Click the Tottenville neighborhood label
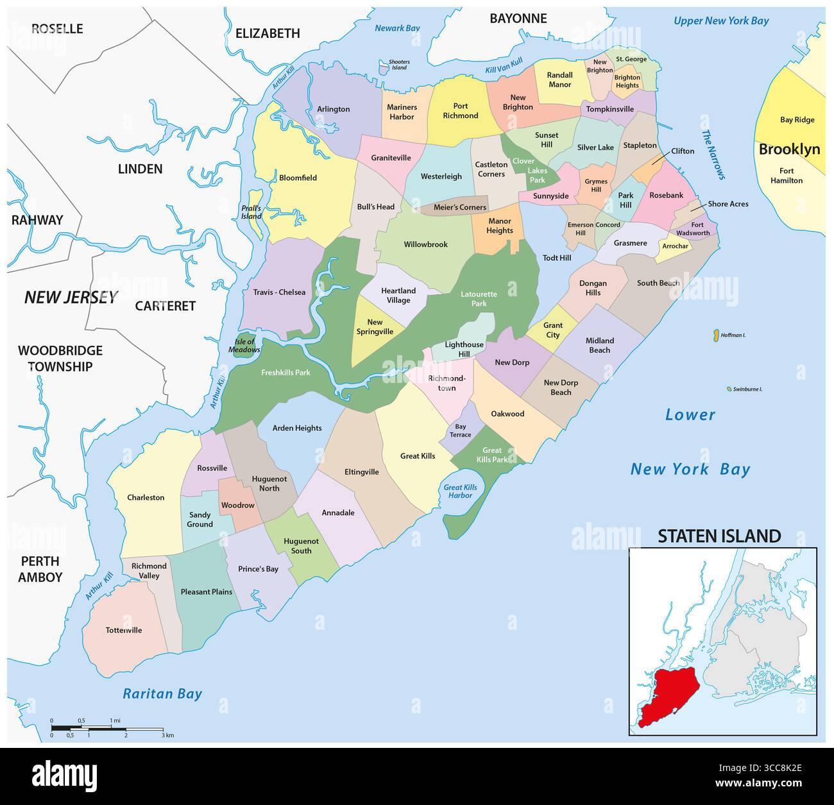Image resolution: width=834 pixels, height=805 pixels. tap(124, 630)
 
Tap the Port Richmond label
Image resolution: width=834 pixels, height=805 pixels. tap(461, 111)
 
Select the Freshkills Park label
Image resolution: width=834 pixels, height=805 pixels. tap(285, 372)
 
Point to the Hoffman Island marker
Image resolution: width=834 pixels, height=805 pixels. tap(714, 335)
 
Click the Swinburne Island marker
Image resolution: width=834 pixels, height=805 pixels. tap(729, 389)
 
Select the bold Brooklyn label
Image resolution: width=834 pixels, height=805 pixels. tap(789, 149)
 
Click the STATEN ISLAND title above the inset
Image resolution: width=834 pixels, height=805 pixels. tap(719, 536)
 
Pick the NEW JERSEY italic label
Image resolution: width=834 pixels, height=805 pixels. tap(71, 297)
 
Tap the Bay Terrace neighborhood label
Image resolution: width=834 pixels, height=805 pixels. tap(461, 430)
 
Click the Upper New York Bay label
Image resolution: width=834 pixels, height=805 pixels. tap(721, 21)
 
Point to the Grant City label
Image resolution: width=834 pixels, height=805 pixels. tap(552, 330)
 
